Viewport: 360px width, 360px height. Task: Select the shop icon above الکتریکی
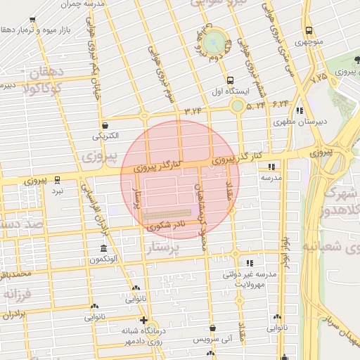(x=105, y=124)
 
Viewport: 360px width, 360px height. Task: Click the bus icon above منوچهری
(x=309, y=30)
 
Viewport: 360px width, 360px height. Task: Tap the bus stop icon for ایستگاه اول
(x=230, y=79)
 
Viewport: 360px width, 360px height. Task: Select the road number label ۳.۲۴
(x=193, y=111)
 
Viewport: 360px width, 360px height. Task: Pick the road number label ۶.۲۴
(x=281, y=103)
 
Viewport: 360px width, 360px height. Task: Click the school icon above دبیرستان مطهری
(x=300, y=110)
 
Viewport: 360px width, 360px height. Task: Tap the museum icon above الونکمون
(x=104, y=250)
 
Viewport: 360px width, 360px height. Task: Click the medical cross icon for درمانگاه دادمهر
(x=143, y=321)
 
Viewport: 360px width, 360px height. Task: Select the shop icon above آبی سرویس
(x=213, y=327)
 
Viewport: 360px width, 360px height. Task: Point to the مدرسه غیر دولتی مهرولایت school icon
(x=250, y=263)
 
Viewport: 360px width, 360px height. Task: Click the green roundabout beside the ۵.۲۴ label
(x=238, y=106)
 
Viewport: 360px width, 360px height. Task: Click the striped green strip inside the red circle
(x=169, y=211)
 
